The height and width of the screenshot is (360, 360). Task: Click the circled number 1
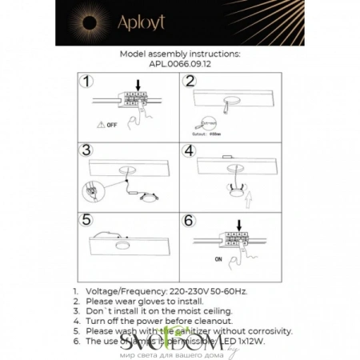87,82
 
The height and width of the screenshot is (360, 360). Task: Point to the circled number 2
189,82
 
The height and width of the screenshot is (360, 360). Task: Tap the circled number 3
87,150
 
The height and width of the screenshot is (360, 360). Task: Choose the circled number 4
189,150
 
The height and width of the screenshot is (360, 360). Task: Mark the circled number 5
87,218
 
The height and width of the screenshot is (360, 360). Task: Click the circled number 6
189,218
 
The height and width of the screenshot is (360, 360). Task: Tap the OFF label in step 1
112,125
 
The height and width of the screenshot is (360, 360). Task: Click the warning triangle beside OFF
98,125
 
